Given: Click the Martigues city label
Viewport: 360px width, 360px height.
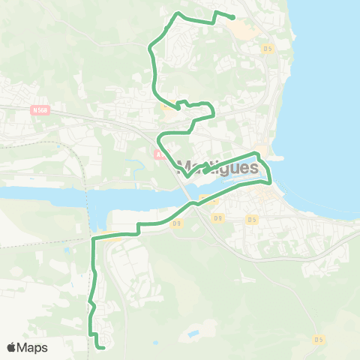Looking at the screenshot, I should [x=217, y=167].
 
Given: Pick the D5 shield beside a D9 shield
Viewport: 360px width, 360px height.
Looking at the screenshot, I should [x=251, y=219].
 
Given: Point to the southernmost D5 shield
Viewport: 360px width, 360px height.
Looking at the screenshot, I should [x=319, y=339].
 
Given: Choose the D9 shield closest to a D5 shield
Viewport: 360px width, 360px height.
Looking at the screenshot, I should [x=217, y=218].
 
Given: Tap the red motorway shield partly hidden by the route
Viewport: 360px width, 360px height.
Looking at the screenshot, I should [x=158, y=155].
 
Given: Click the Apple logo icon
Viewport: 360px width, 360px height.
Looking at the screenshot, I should [x=11, y=347].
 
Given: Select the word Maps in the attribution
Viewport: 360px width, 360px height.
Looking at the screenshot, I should [x=32, y=347].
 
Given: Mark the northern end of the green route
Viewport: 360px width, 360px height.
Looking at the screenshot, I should [x=233, y=18].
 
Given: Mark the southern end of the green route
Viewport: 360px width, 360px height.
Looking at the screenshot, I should [x=102, y=346].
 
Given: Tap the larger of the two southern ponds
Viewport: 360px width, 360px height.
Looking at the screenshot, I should [x=193, y=332].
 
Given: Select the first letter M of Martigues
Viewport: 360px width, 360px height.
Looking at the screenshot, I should [x=183, y=167].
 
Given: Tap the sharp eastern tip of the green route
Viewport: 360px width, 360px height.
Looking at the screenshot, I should [x=270, y=181].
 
